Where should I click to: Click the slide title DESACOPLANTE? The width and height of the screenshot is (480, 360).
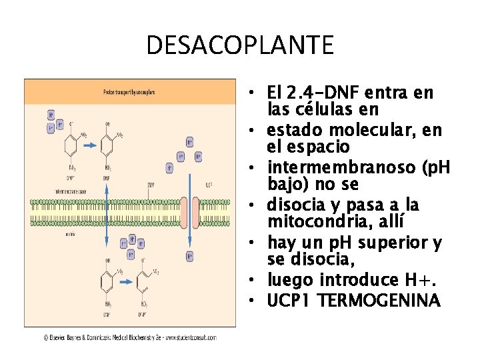pos(239,45)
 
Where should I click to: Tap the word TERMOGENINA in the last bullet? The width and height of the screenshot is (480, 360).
pos(379,301)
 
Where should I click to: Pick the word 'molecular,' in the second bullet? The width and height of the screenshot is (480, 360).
pos(373,129)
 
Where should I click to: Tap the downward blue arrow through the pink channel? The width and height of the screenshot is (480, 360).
pos(189,213)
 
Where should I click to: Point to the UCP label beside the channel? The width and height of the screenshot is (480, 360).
pos(209,185)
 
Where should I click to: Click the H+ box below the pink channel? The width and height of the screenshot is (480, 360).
pos(189,255)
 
